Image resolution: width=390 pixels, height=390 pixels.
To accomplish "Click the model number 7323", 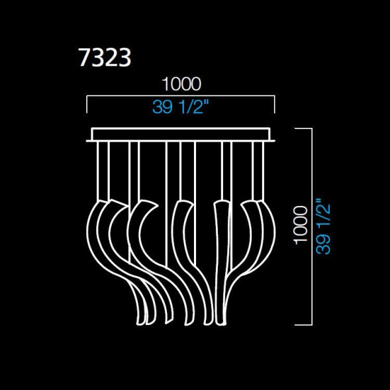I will [105, 58].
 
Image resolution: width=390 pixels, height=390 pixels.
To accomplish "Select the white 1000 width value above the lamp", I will [181, 84].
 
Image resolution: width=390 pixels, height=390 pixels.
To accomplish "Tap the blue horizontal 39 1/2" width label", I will [181, 107].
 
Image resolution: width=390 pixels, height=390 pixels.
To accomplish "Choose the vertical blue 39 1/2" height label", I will [324, 225].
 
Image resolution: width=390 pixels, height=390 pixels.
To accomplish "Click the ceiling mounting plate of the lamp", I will [181, 134].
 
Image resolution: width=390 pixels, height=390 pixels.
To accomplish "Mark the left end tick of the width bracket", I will [87, 105].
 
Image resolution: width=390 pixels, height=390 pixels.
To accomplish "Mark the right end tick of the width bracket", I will [274, 105].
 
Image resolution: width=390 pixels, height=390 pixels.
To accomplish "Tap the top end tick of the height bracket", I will [303, 128].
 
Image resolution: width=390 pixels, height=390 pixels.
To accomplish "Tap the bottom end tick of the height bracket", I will [303, 325].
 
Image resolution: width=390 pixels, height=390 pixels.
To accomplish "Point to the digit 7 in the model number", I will [84, 58].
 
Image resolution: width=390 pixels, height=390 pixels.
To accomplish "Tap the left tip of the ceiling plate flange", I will [88, 139].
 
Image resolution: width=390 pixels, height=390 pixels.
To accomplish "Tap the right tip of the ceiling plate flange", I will [273, 139].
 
